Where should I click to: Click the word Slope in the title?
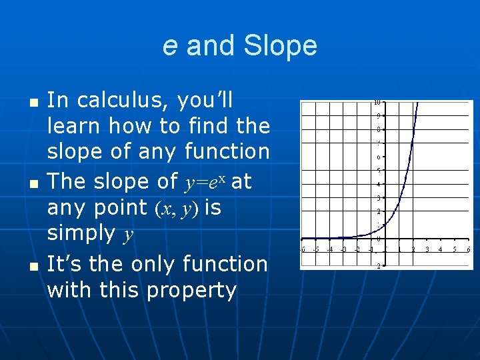coord(280,46)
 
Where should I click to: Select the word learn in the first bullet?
coord(74,125)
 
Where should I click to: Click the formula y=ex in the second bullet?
coord(204,181)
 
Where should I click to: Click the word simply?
coord(81,233)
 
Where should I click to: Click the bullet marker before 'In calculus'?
coord(33,102)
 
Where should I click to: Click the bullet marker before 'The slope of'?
coord(33,183)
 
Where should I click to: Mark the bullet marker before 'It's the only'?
coord(33,265)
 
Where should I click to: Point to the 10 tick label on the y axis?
coord(377,103)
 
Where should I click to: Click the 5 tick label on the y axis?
coord(378,171)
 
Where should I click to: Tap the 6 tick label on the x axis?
coord(469,249)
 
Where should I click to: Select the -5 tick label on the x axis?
coord(316,249)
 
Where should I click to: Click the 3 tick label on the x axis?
coord(427,249)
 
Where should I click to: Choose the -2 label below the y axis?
coord(377,266)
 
